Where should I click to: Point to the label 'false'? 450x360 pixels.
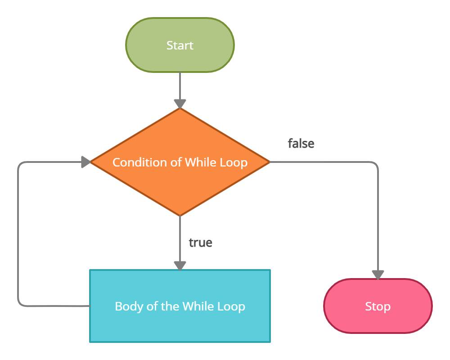point(301,144)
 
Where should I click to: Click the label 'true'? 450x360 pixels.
point(200,243)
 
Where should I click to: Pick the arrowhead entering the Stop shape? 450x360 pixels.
point(378,274)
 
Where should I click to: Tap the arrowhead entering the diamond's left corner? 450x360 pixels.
point(85,162)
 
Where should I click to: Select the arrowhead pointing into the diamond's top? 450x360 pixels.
point(180,103)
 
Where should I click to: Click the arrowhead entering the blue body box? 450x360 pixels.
point(180,265)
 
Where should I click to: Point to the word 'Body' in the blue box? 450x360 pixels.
point(126,306)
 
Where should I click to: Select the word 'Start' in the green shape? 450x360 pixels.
point(180,45)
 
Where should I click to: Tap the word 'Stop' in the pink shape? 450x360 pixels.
point(378,306)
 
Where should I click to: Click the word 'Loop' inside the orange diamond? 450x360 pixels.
point(233,162)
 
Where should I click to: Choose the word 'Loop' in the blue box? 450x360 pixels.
point(231,306)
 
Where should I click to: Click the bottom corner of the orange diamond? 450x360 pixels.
point(180,214)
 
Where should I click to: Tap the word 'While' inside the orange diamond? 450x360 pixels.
point(196,162)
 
